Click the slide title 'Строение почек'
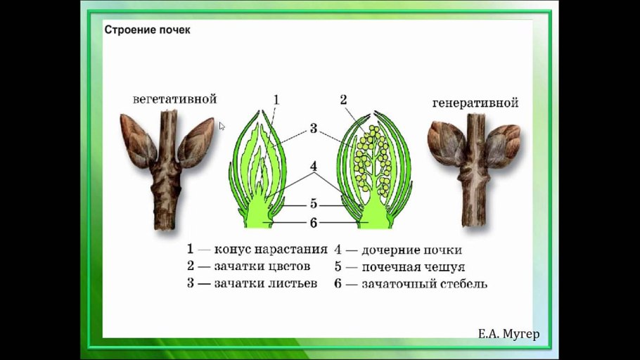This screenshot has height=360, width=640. pos(148,30)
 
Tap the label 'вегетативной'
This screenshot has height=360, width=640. pos(174,99)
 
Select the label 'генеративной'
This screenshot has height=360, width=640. pos(475,103)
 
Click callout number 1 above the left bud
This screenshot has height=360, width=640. pos(276,100)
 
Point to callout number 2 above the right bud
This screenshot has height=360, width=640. pos(343,100)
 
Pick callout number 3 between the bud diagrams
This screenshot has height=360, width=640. pos(313,129)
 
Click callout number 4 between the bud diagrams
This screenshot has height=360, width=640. pos(313,167)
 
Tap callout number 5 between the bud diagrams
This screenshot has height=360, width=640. pos(313,204)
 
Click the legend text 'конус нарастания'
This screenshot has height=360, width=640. pos(271,249)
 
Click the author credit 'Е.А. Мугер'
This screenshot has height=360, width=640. pos(508,334)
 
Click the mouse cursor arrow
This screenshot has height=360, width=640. pos(222,127)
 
